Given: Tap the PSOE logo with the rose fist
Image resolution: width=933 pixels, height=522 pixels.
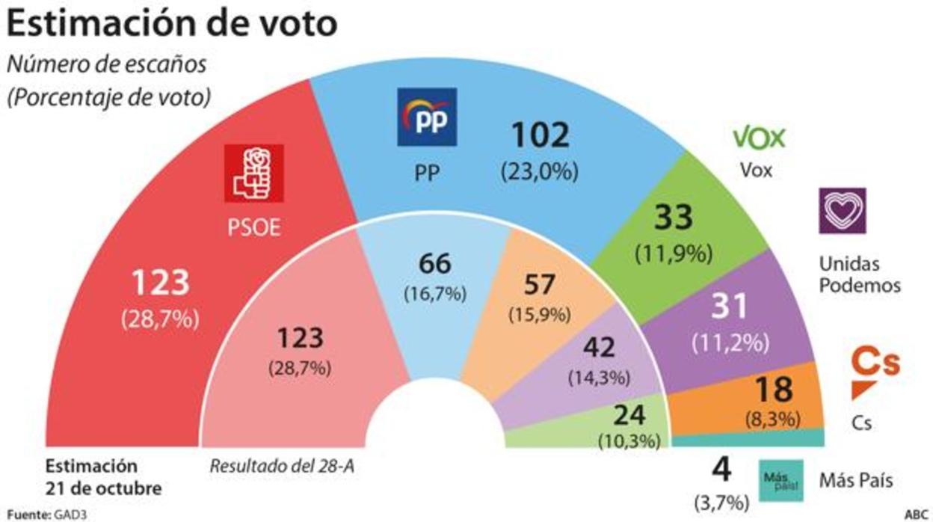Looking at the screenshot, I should coord(254,173).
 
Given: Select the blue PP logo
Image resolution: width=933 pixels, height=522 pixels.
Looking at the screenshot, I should coord(426,117).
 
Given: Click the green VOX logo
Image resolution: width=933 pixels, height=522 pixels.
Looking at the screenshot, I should coord(758,138).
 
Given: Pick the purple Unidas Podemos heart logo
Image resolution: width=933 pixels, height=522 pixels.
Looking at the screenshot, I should coord(842,212).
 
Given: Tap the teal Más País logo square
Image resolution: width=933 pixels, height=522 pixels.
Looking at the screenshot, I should coord(781,480).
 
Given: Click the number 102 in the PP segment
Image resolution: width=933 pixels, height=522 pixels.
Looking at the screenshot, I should coord(541,135).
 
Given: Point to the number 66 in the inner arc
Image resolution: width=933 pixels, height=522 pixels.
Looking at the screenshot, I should coord(434,265).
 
